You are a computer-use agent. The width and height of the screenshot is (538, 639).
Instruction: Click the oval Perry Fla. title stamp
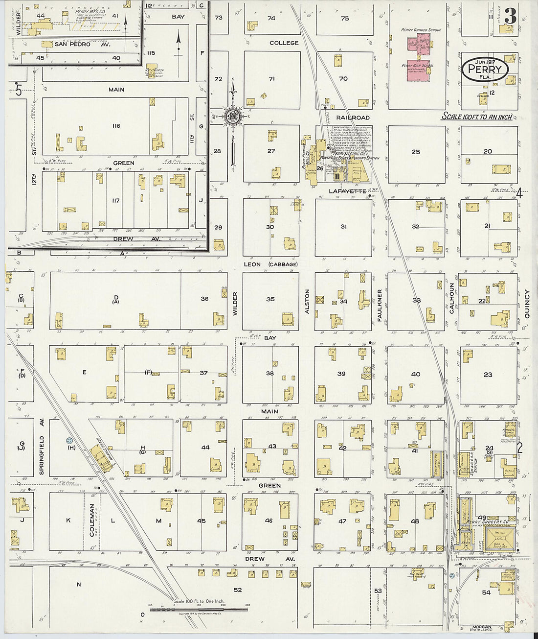coord(485,70)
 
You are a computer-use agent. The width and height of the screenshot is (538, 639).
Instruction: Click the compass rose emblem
coord(232,116)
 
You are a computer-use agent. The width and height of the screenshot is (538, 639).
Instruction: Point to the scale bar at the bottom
coord(198,609)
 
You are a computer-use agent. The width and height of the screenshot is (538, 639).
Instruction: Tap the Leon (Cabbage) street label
coord(270,264)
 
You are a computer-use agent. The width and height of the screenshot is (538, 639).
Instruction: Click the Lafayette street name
coord(347,191)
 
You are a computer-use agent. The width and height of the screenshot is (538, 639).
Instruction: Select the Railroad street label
coord(353,118)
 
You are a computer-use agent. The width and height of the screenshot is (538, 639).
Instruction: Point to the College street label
coord(284,43)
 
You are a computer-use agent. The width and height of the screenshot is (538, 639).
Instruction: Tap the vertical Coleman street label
coord(92,520)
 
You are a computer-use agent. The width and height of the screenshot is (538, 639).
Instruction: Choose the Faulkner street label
coord(380,305)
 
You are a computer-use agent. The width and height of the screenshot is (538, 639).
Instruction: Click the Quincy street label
coord(527,304)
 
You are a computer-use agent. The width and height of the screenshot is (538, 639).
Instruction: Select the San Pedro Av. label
coord(82,44)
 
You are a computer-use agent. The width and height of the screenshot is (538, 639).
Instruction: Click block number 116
coord(115,126)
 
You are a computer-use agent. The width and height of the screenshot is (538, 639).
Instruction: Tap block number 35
coord(270,299)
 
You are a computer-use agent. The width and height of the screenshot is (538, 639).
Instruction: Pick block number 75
coord(345,18)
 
